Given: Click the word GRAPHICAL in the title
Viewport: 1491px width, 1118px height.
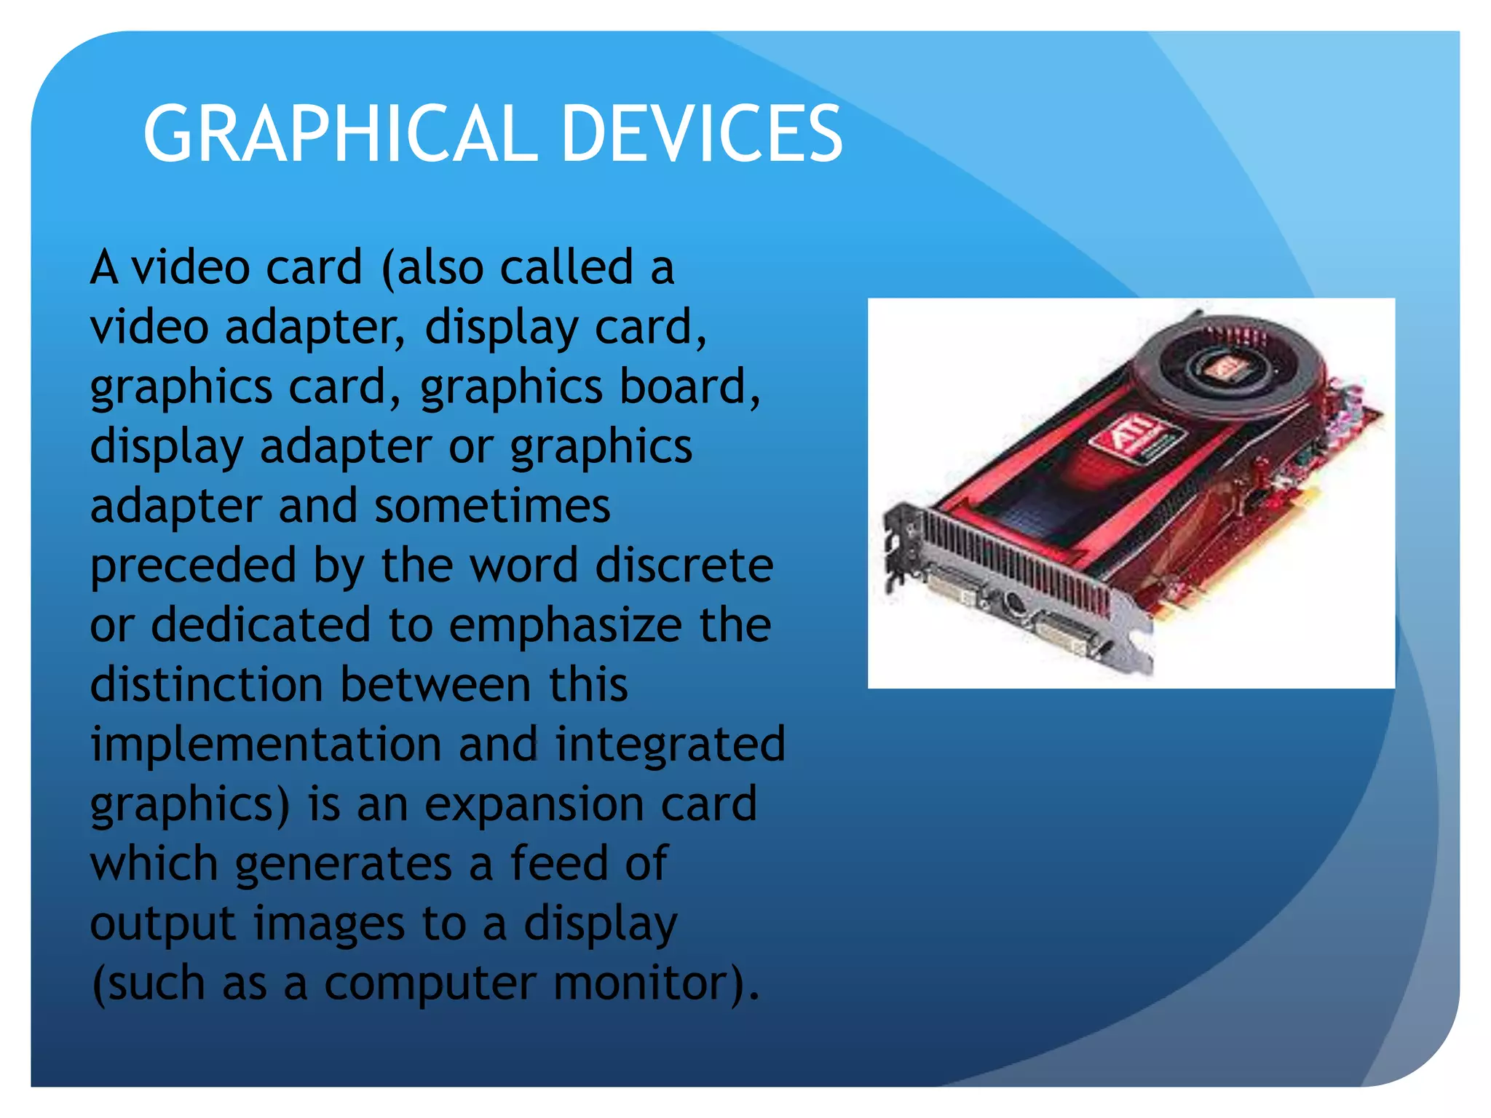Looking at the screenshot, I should [x=340, y=134].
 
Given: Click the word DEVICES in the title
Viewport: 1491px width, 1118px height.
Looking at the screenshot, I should [x=702, y=134].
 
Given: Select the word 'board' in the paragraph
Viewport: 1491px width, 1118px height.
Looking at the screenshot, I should [x=689, y=386].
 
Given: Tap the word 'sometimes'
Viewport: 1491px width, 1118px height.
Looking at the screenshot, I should [x=492, y=506].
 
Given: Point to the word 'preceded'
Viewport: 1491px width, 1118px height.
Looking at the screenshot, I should [x=193, y=566].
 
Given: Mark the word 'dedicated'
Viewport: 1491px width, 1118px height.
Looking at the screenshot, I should [x=261, y=625].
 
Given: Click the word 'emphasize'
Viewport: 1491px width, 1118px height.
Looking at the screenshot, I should [x=565, y=627].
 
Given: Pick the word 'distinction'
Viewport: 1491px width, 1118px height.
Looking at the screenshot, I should [x=206, y=685].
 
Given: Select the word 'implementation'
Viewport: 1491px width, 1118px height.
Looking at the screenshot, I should [x=266, y=745].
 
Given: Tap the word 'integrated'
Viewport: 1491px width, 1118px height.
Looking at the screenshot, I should [x=670, y=745].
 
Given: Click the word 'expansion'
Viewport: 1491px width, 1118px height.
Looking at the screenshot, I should [x=534, y=806].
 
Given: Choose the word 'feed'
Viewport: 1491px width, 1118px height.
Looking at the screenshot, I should [x=558, y=864].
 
